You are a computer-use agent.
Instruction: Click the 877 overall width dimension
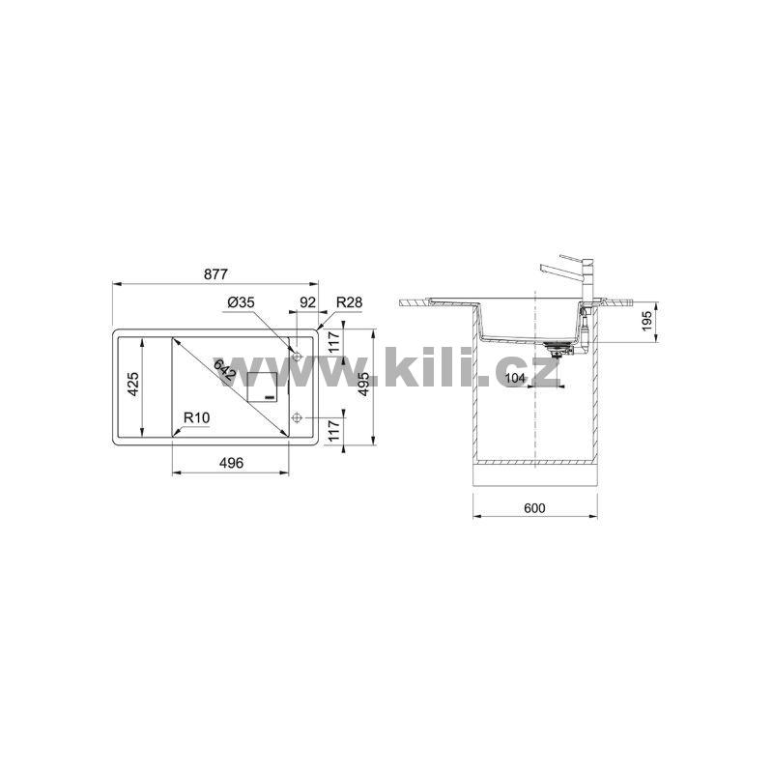pos(215,274)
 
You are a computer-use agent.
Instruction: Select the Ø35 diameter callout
pos(241,302)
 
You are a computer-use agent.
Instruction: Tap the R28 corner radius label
pos(349,302)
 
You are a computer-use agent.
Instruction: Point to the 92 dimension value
pos(307,302)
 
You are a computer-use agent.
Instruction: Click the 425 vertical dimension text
pos(133,384)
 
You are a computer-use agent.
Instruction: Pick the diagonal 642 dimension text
pos(225,369)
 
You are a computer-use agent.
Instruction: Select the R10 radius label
pos(197,417)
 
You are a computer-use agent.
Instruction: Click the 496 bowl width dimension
pos(231,463)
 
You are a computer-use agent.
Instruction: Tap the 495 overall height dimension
pos(363,384)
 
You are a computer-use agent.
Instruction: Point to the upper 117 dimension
pos(334,343)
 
